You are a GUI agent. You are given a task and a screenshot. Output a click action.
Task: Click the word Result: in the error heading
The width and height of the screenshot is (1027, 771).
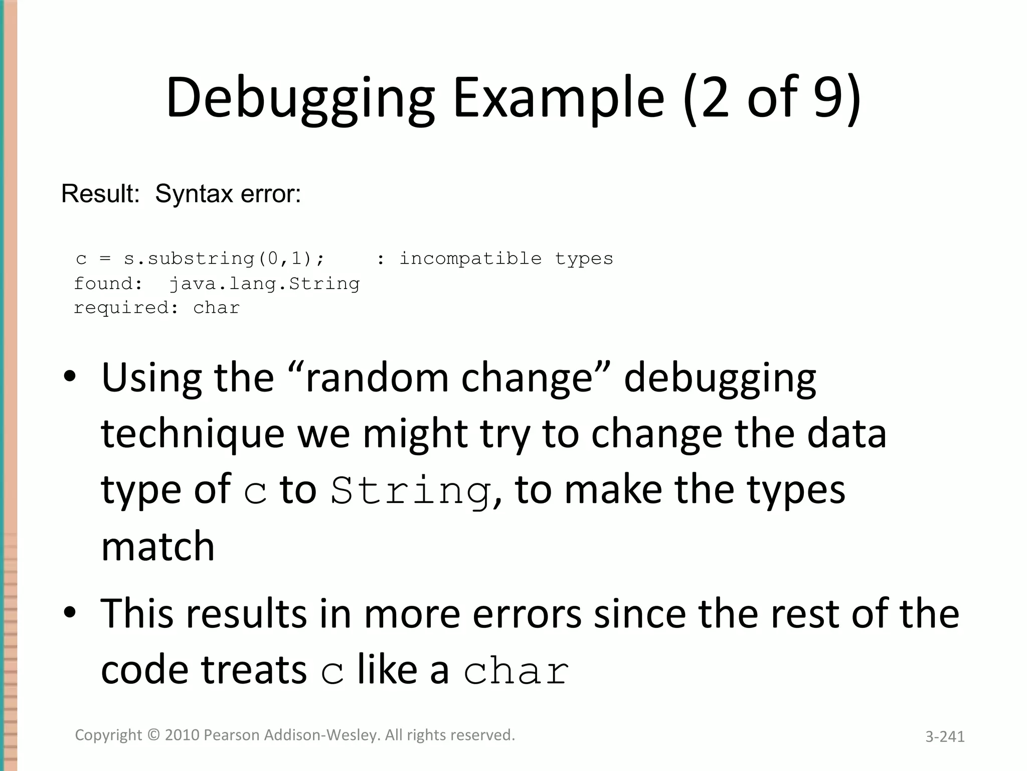tap(100, 194)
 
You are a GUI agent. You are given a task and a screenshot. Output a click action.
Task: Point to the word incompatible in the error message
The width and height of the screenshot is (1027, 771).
tap(470, 259)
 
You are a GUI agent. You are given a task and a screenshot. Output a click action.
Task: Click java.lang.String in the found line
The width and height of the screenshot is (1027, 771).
tap(264, 284)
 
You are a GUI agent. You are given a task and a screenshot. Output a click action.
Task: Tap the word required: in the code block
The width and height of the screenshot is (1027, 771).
tap(126, 308)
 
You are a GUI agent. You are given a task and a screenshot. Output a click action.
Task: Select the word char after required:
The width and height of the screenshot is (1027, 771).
tap(217, 308)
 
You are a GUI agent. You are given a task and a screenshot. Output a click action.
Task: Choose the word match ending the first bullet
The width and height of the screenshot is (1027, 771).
tap(158, 546)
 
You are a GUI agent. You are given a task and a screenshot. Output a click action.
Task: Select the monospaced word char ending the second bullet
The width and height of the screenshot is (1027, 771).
tap(516, 672)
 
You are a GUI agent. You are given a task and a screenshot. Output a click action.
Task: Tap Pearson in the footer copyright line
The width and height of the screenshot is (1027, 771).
tap(231, 735)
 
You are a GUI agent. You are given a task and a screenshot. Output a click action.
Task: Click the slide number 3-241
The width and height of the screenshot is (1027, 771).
tap(945, 736)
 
